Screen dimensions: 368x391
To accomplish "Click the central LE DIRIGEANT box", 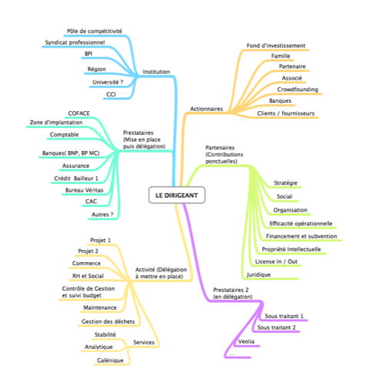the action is tap(176, 195).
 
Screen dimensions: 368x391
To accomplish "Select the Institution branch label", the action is tap(156, 72).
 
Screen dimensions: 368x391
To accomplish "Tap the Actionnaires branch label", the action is tap(206, 109).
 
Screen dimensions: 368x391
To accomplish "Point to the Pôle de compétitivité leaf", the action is tap(94, 31).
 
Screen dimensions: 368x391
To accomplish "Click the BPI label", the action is tap(88, 54).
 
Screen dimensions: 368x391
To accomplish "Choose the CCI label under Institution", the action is tap(111, 94).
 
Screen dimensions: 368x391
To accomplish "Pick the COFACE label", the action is tap(79, 113).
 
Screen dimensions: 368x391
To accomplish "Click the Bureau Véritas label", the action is tap(84, 190).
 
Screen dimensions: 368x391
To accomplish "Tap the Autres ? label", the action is tap(103, 215).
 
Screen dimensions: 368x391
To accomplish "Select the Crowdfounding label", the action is tap(297, 90).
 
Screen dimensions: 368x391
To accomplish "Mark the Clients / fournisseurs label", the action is tap(286, 113).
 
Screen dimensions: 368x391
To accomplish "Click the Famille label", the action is tap(281, 56).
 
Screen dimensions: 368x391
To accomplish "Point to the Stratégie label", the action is tap(285, 183).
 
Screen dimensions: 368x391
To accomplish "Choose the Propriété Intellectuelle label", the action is tap(291, 249).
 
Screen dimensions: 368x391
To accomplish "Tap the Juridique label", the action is tap(258, 274).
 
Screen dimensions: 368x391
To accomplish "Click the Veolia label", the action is tap(246, 341).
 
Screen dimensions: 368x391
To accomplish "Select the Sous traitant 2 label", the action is tap(276, 327).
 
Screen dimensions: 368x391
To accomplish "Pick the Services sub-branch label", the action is tap(144, 343).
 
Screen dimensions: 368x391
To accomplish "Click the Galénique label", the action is tap(110, 360).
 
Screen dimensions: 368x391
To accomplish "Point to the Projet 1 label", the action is tap(100, 240).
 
